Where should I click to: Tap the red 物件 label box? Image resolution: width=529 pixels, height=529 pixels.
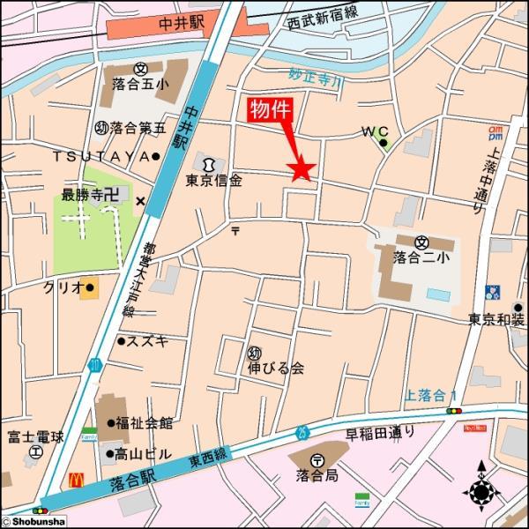(269, 111)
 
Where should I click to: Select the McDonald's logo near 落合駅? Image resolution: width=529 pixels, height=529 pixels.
(77, 481)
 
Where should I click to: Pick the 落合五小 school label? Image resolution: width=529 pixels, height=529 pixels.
(140, 85)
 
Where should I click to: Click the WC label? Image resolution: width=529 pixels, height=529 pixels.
(375, 131)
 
